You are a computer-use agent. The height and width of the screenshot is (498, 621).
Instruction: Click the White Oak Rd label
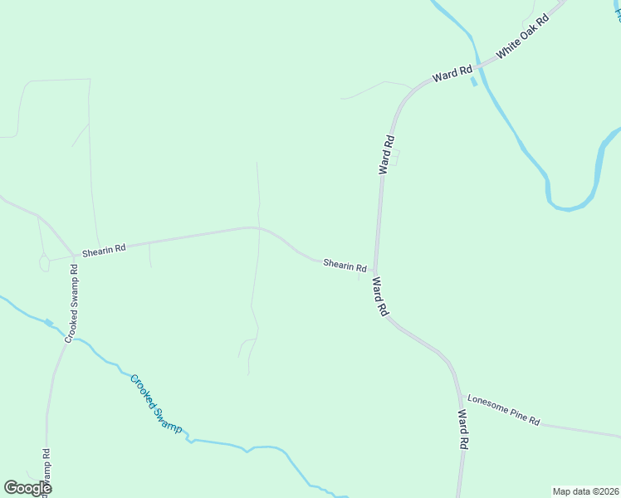(523, 37)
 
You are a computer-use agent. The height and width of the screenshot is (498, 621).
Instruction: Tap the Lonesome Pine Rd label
(503, 410)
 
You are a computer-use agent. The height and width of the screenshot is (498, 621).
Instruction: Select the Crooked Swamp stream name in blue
(154, 403)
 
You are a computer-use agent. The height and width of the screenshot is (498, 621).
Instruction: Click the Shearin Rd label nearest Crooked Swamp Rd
(103, 248)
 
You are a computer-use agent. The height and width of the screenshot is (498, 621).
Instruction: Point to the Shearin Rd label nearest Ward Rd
(345, 266)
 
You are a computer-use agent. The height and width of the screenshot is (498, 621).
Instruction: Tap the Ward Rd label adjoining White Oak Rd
(452, 75)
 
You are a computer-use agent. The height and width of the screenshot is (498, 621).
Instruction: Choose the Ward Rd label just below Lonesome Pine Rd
(463, 429)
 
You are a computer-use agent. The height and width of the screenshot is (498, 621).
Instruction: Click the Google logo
(27, 488)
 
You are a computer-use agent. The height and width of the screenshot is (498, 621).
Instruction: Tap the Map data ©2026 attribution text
(585, 491)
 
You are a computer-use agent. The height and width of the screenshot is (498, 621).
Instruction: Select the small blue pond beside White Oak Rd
(473, 81)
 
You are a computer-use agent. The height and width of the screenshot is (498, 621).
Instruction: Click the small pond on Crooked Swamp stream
(48, 323)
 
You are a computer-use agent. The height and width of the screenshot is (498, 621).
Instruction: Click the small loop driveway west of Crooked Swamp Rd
(44, 263)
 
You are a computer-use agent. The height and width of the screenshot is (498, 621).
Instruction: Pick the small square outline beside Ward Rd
(395, 157)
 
